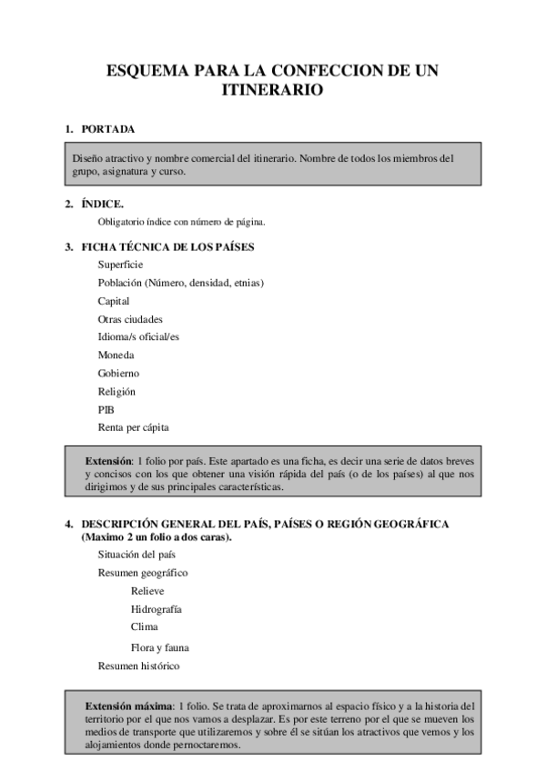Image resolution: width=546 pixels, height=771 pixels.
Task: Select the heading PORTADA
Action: click(x=108, y=129)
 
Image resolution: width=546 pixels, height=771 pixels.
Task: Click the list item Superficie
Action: click(x=120, y=265)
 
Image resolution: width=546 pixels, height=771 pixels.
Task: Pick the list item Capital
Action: click(x=114, y=301)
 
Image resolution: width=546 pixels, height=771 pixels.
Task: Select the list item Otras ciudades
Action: click(x=130, y=319)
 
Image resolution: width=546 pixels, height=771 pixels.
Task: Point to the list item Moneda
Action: click(x=116, y=355)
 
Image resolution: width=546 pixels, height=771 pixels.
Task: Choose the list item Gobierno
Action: click(x=118, y=374)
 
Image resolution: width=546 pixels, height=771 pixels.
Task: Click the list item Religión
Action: click(x=116, y=392)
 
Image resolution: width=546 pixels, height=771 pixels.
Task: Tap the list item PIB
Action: click(x=106, y=410)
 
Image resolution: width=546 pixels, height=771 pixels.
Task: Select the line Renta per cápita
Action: click(x=133, y=427)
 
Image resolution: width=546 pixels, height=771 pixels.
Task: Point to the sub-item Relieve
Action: click(x=147, y=591)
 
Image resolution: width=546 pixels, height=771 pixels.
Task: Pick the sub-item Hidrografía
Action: click(x=156, y=609)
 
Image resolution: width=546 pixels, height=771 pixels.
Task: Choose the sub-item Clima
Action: click(x=144, y=627)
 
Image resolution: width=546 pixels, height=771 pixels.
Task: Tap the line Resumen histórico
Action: click(x=138, y=666)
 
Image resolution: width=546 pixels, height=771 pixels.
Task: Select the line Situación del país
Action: click(x=136, y=555)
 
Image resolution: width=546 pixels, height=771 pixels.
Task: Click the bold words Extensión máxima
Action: click(x=128, y=706)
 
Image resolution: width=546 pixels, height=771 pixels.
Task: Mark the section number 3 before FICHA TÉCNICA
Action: click(x=67, y=246)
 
